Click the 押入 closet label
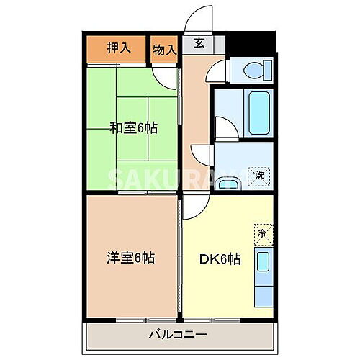click(119, 48)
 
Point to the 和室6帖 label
click(133, 128)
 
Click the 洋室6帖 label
click(131, 257)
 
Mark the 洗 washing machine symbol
click(256, 175)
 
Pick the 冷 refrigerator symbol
click(262, 233)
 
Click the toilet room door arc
click(215, 71)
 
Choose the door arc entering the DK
click(192, 207)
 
